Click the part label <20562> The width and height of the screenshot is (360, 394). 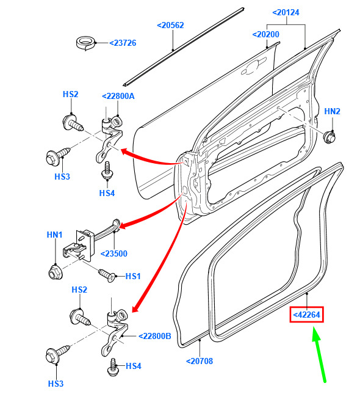[170, 26]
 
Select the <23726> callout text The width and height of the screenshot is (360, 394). [123, 43]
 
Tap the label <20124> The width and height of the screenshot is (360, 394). [286, 13]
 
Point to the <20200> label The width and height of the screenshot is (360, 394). [265, 34]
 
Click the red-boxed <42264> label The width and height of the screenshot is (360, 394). [306, 315]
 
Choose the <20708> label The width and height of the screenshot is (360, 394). [200, 362]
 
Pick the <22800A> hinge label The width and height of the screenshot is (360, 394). [118, 96]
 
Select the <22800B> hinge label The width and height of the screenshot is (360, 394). [155, 336]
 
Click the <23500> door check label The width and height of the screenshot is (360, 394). [114, 254]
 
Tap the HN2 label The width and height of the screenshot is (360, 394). [332, 111]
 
